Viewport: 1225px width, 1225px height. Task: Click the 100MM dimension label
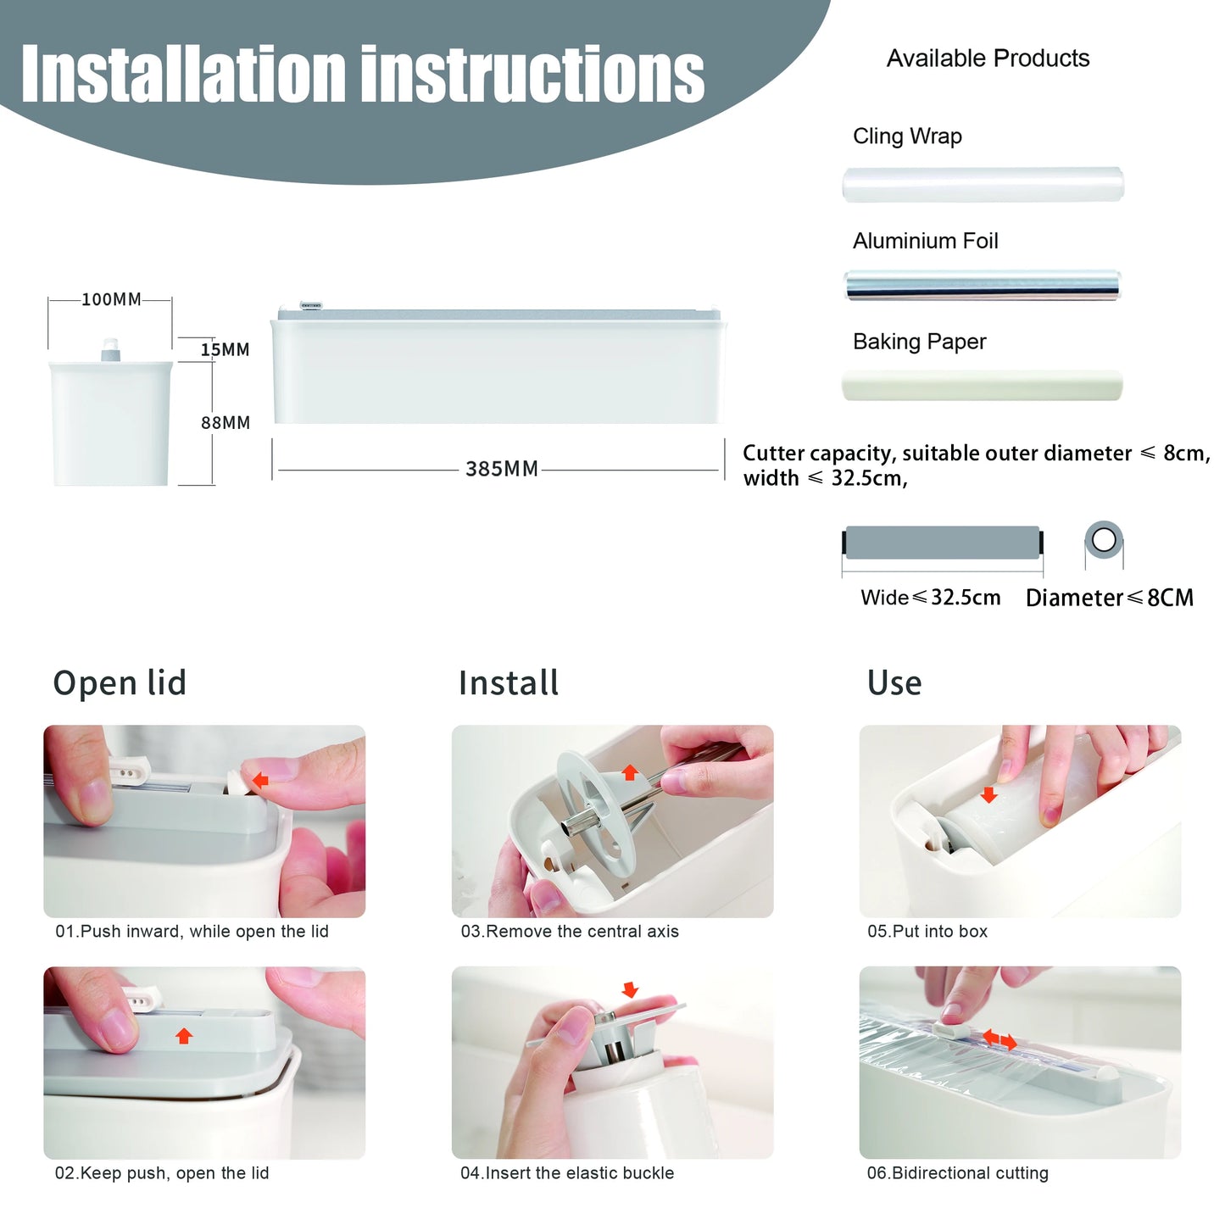click(111, 298)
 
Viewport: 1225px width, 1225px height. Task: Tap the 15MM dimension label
click(225, 349)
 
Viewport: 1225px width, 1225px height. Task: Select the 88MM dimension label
click(226, 422)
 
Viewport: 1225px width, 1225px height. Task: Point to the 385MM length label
click(502, 469)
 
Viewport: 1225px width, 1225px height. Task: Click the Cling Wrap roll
click(983, 184)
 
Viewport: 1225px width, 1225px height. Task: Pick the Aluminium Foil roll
click(983, 284)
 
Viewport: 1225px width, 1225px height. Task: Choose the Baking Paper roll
click(983, 385)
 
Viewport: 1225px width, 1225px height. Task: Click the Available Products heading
click(988, 58)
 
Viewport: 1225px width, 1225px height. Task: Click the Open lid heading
click(120, 682)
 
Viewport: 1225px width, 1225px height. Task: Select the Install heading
click(509, 682)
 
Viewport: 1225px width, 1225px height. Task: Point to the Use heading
click(894, 682)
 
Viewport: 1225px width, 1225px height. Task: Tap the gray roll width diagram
click(942, 543)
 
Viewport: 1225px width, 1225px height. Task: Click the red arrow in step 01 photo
click(260, 780)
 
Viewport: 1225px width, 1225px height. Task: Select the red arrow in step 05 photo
click(988, 794)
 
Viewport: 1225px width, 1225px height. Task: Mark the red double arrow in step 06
click(1000, 1039)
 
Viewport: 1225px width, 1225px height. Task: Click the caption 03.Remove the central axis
click(570, 932)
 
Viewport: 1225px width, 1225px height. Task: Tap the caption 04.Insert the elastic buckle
click(567, 1173)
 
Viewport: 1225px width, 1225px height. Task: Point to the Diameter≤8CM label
click(1110, 598)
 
